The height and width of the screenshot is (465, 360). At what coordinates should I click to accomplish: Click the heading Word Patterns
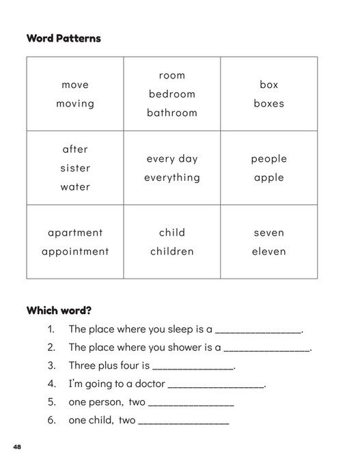64,38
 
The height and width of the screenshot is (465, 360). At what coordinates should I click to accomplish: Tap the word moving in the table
75,104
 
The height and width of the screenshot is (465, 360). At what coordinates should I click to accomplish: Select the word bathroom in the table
172,113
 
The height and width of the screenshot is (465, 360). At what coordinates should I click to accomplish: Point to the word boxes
268,104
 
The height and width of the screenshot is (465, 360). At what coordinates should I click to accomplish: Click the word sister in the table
75,168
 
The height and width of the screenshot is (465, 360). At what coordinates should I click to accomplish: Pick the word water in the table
75,186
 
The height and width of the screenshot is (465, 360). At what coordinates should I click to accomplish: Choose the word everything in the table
172,178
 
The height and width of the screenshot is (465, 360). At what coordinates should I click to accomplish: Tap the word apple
268,178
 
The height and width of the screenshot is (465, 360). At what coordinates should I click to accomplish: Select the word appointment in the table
75,251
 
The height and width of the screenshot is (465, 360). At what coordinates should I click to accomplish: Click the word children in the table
172,251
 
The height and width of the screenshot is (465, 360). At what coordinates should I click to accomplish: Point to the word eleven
268,251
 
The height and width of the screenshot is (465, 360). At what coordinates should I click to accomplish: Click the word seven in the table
268,233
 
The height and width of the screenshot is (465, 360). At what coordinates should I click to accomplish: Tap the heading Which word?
59,310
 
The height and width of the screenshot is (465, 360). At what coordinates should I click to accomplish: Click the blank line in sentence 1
258,331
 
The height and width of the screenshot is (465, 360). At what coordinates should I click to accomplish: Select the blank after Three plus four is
193,368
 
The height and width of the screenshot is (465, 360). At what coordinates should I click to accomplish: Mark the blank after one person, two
191,405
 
